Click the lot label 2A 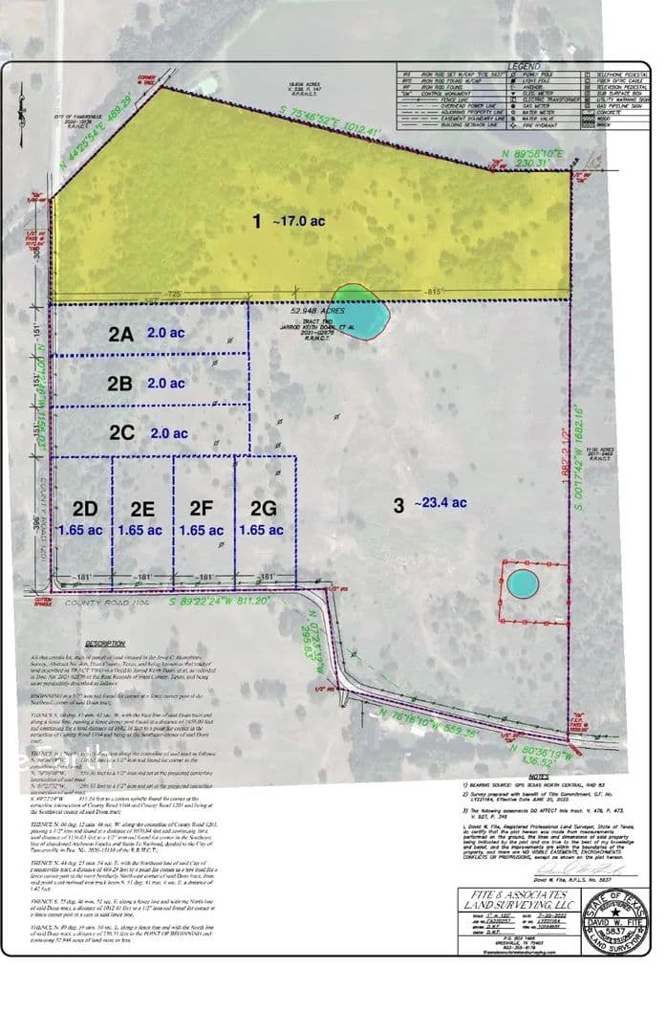coord(119,334)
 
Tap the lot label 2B coord(119,383)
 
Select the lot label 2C coord(121,432)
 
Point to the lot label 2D coord(85,508)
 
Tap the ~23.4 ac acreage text coord(441,503)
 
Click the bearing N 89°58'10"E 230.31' coord(528,157)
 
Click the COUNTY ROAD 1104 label coord(95,604)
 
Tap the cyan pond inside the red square coord(523,583)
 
